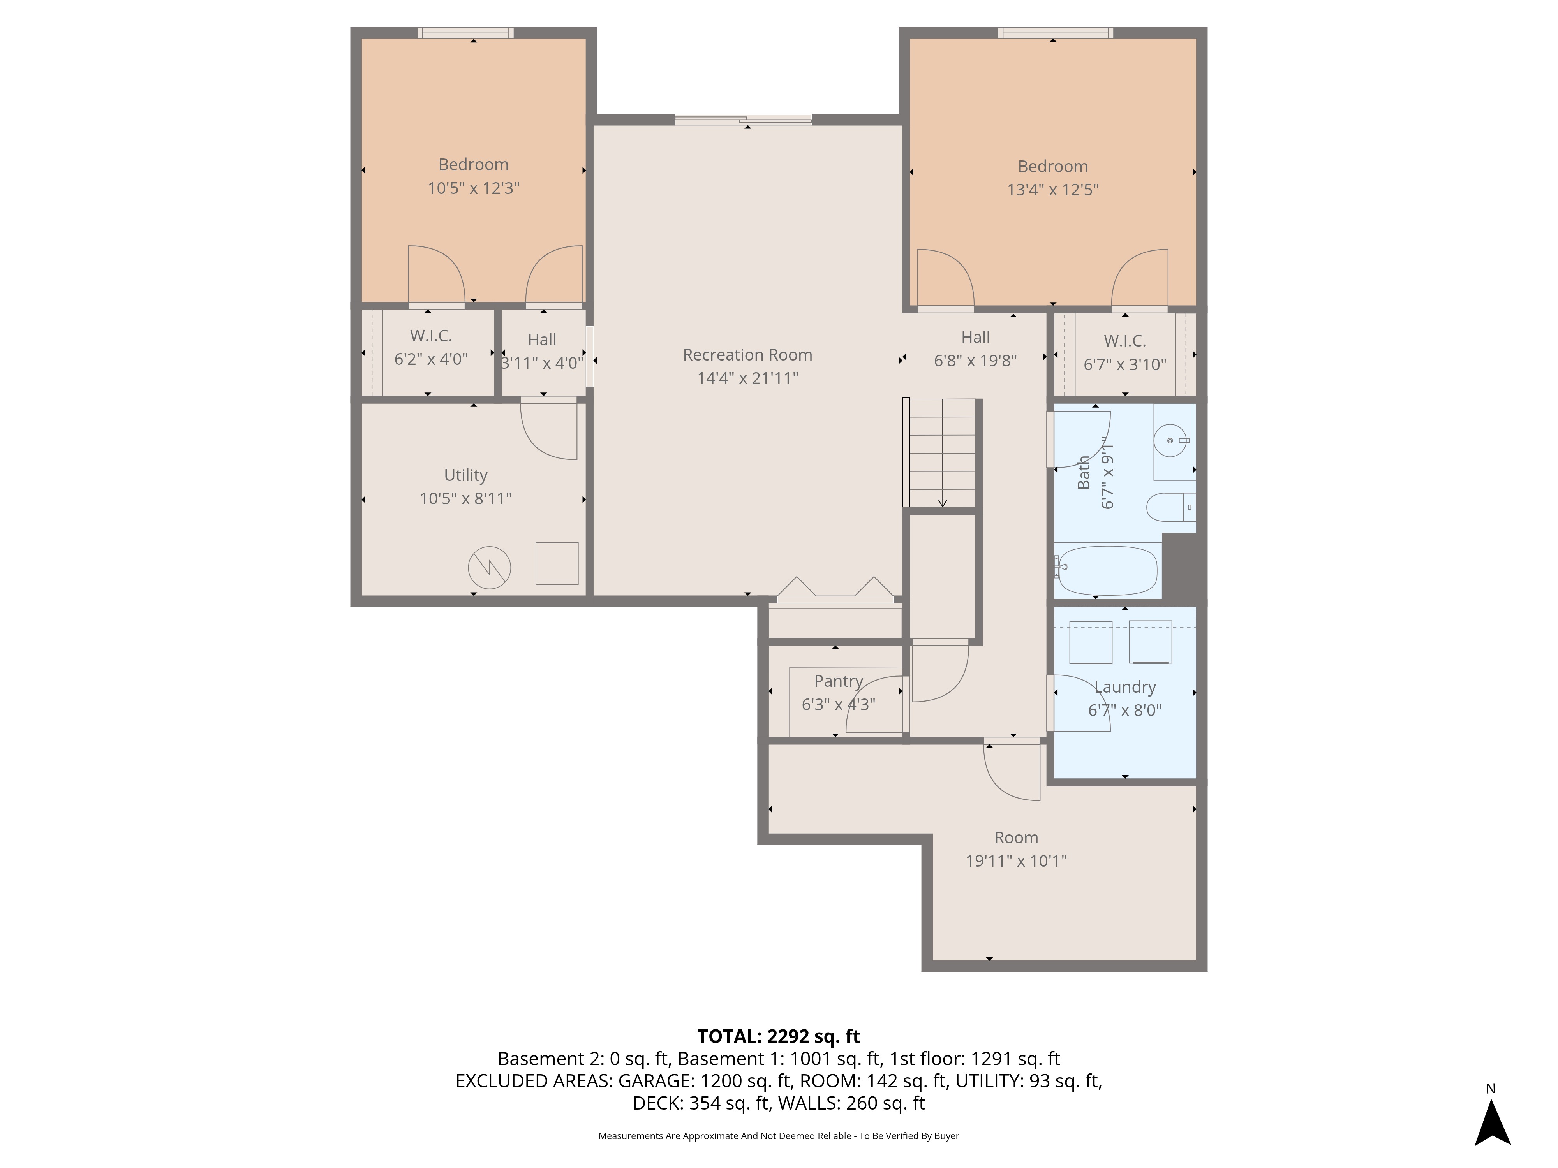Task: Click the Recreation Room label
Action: tap(747, 355)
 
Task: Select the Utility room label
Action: tap(465, 475)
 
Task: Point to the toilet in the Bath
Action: tap(1170, 507)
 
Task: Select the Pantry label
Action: tap(838, 681)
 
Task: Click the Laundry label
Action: tap(1125, 687)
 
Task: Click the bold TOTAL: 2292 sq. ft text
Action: tap(778, 1036)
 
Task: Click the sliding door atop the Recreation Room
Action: tap(743, 120)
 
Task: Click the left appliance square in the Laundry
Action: tap(1090, 642)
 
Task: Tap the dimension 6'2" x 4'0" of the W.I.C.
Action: tap(430, 359)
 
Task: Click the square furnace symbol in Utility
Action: tap(557, 563)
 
